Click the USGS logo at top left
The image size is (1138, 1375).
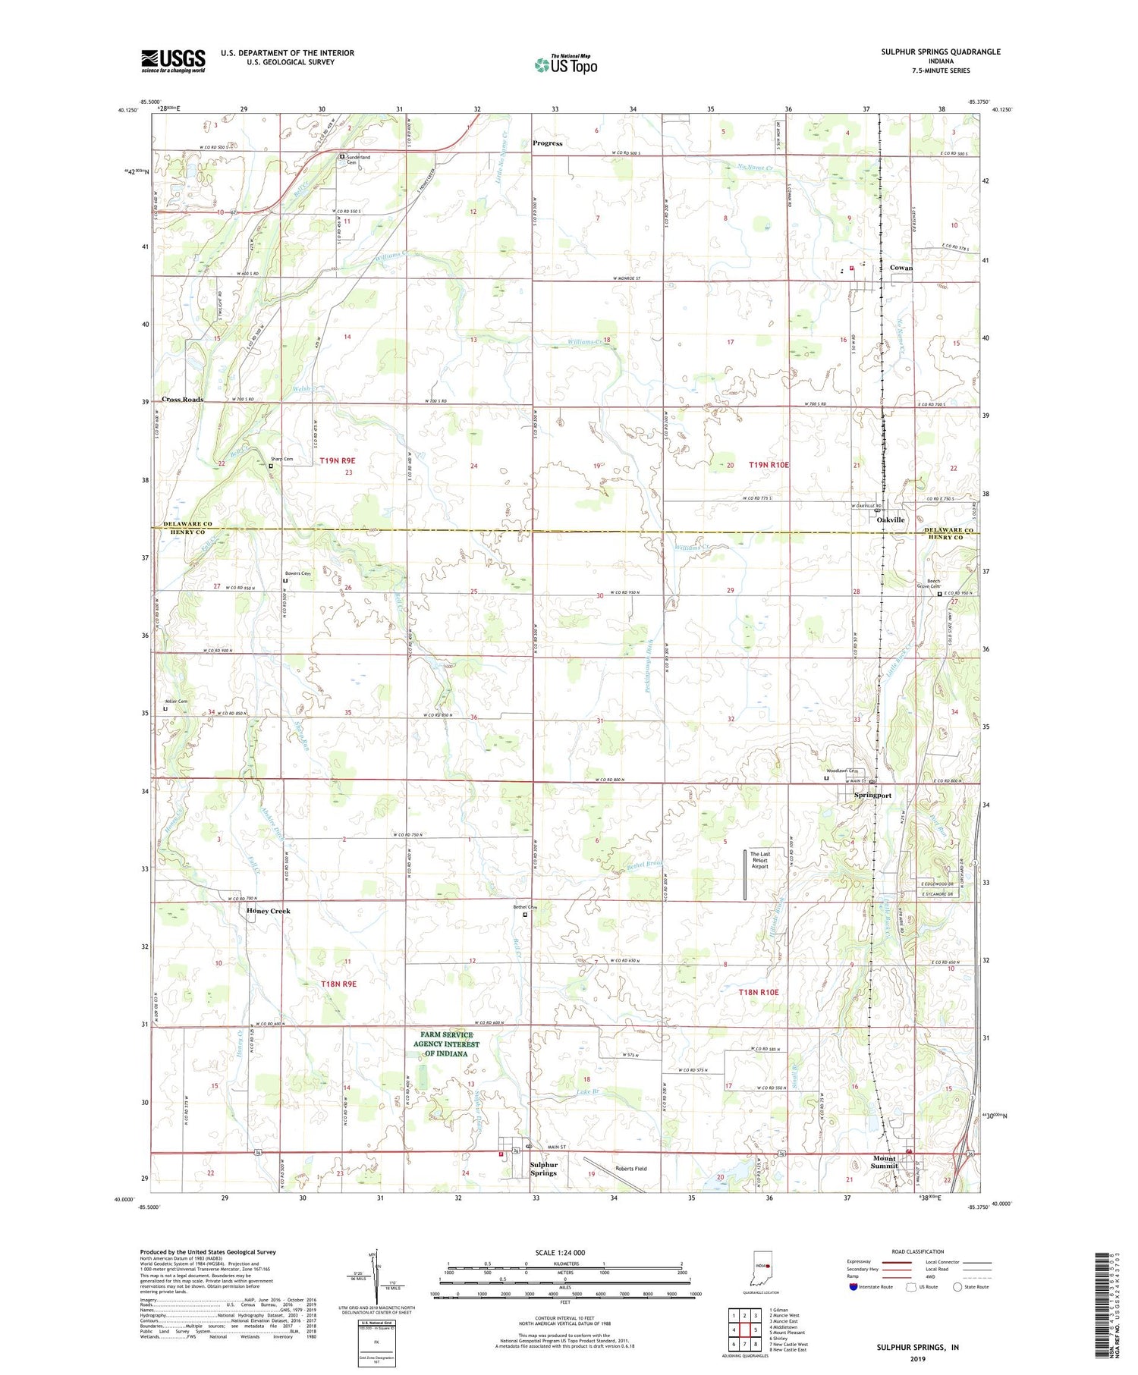point(173,61)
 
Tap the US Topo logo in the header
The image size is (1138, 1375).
point(565,65)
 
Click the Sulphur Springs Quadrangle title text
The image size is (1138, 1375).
point(940,52)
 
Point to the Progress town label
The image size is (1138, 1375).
point(547,143)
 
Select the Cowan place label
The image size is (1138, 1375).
point(901,268)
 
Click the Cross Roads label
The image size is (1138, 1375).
point(182,399)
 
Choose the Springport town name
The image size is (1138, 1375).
point(872,796)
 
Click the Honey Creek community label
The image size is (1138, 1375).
point(268,911)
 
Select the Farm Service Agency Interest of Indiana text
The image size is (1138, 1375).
point(447,1044)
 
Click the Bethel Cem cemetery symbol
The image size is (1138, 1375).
point(524,915)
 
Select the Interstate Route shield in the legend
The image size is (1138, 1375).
point(853,1286)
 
